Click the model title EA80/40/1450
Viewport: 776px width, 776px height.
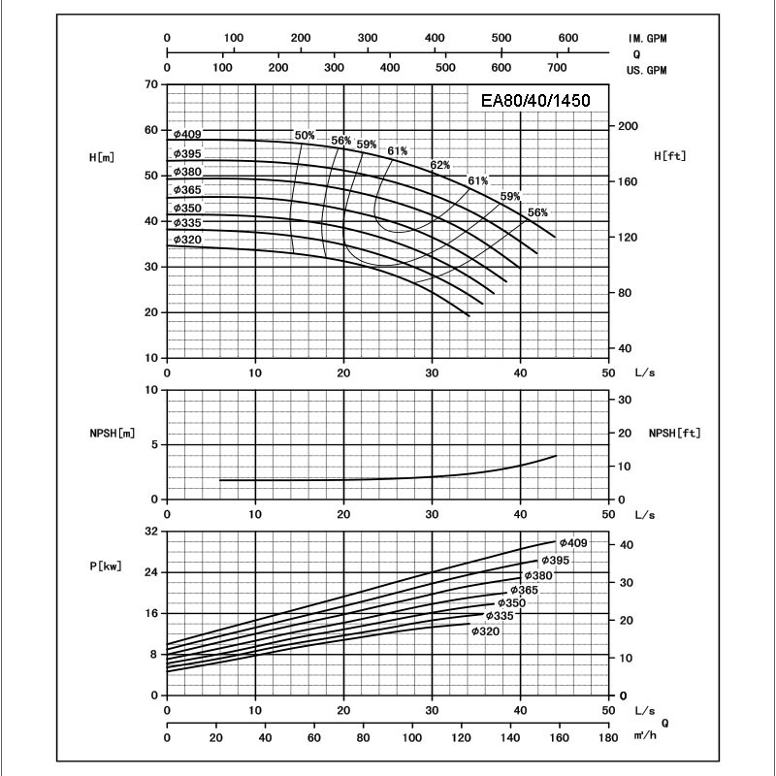[x=531, y=100]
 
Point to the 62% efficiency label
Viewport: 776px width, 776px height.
[x=441, y=164]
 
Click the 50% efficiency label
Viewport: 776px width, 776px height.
[x=305, y=135]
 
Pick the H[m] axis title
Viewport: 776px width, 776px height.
[x=101, y=156]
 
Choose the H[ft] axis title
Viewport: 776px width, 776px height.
[x=671, y=155]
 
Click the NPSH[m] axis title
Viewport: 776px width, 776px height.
[x=109, y=434]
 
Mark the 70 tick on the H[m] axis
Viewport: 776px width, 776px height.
[x=150, y=84]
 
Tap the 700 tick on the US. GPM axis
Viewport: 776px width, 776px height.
[x=558, y=70]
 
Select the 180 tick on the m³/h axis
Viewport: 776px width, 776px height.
[x=607, y=739]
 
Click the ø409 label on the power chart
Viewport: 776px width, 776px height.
[x=571, y=542]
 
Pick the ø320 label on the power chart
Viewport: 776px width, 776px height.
[x=485, y=631]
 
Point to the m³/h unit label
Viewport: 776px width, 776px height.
[x=644, y=739]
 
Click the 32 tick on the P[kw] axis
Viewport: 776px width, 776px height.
[x=150, y=533]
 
